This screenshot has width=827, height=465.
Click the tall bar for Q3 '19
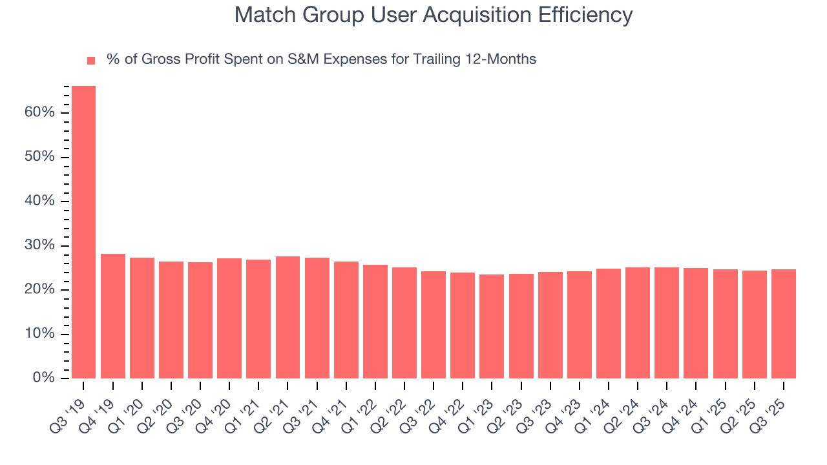coord(83,232)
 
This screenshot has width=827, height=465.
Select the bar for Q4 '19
coord(113,316)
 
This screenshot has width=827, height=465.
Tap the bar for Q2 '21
coord(288,317)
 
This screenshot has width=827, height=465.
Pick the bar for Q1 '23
coord(492,326)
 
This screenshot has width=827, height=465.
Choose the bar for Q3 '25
coord(783,324)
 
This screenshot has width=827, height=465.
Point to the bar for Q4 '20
coord(229,318)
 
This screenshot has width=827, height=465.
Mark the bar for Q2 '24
coord(637,322)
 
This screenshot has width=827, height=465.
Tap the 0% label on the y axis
coord(43,378)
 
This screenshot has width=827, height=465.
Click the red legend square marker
coord(91,61)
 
